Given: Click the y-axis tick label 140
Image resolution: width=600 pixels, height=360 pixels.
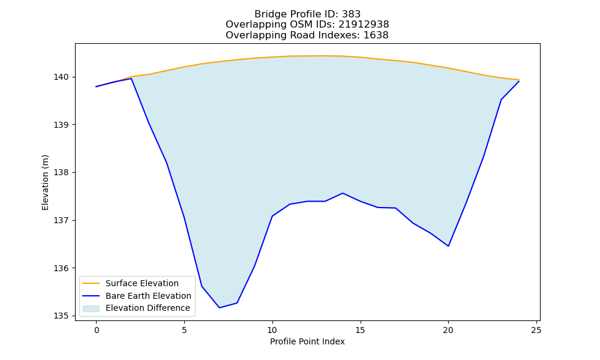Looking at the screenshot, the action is (x=61, y=77).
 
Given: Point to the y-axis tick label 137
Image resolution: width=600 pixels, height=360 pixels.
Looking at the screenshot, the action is (x=61, y=221).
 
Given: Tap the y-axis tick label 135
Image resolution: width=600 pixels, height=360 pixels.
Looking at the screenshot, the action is (x=61, y=316).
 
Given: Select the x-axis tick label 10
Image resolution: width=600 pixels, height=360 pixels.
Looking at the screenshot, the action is (x=272, y=330).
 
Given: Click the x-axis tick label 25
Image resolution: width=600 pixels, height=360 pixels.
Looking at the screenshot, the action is (x=536, y=330).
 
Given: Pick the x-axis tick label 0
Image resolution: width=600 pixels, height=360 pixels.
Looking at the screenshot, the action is (x=97, y=330).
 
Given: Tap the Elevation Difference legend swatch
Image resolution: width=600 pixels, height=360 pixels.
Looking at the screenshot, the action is (x=91, y=308).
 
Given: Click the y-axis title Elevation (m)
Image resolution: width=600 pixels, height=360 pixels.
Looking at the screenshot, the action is (x=45, y=182).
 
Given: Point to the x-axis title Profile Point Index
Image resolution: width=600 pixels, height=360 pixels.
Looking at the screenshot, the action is (x=307, y=341).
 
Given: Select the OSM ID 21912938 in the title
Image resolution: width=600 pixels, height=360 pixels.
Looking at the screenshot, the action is (x=364, y=25).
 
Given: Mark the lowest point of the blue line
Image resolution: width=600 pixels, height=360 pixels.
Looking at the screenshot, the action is (x=219, y=308).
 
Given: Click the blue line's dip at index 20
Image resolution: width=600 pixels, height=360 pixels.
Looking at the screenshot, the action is (x=448, y=246).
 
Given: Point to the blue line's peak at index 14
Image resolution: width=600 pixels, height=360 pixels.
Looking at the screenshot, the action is (x=343, y=193).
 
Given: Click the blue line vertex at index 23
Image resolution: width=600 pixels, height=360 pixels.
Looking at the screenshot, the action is (x=501, y=100).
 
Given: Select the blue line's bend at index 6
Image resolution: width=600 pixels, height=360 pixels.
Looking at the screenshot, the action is (x=202, y=286).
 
